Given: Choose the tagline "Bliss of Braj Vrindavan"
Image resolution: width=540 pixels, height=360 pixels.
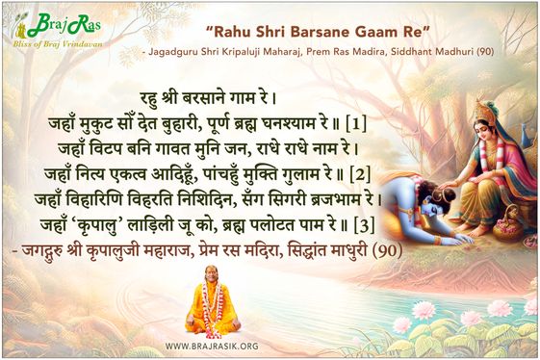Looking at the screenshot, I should pos(57,44).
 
